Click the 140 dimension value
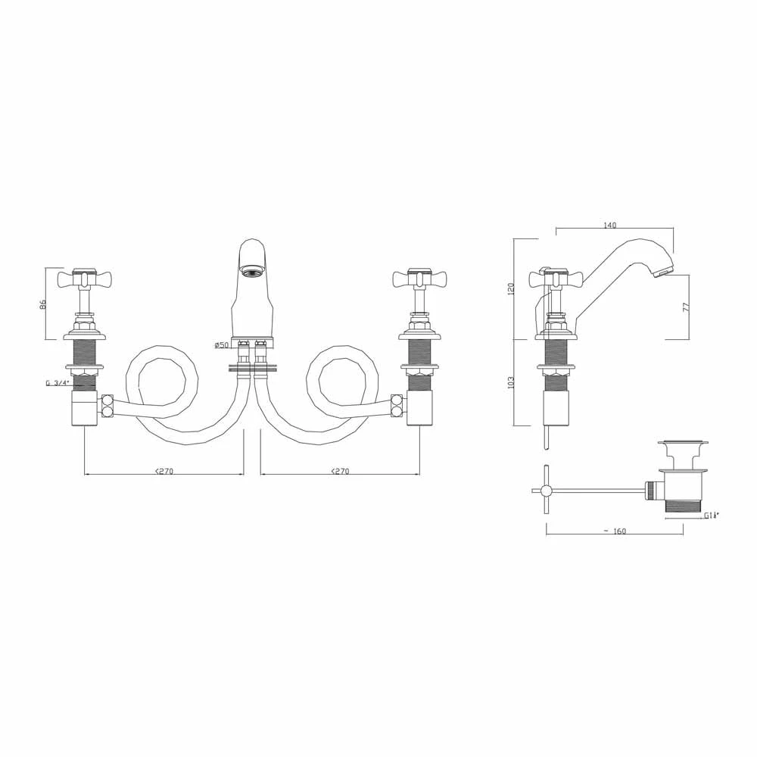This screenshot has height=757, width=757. pyautogui.click(x=611, y=225)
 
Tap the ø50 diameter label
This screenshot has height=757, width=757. pyautogui.click(x=221, y=345)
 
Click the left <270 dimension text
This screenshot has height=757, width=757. pyautogui.click(x=164, y=471)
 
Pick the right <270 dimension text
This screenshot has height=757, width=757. pyautogui.click(x=340, y=471)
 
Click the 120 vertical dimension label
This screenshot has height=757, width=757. pyautogui.click(x=511, y=288)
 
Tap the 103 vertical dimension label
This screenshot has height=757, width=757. pyautogui.click(x=511, y=382)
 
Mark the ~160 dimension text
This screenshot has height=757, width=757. pyautogui.click(x=615, y=531)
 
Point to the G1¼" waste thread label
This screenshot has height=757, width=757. pyautogui.click(x=711, y=516)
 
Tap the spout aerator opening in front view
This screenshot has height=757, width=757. pyautogui.click(x=252, y=270)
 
